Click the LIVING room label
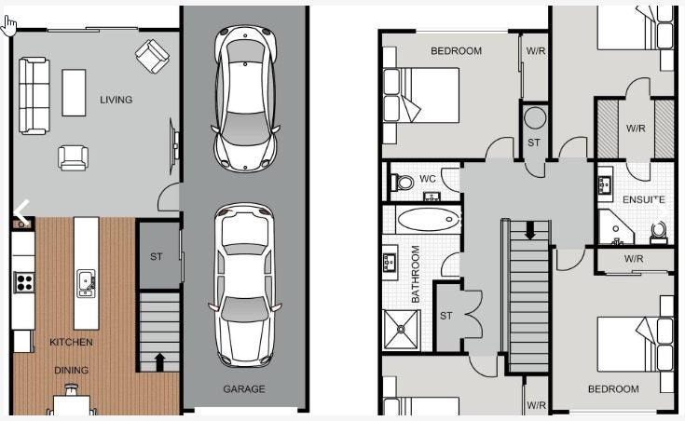[x=116, y=100]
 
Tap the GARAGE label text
[x=244, y=388]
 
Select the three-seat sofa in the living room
[x=34, y=96]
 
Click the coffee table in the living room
[x=74, y=92]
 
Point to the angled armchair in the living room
[x=152, y=56]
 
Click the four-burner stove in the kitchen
[x=24, y=282]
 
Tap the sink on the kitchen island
[x=86, y=283]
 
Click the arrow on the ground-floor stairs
[x=160, y=362]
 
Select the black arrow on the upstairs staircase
[x=530, y=230]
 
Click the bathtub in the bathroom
[x=429, y=219]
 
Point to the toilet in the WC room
[x=402, y=182]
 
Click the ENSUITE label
[x=643, y=199]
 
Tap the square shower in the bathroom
[x=401, y=330]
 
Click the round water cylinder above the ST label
[x=535, y=118]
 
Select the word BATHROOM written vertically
[x=416, y=274]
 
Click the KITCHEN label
[x=71, y=342]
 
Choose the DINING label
[x=71, y=371]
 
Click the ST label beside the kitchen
[x=156, y=257]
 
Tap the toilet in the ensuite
[x=658, y=232]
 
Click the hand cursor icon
[x=8, y=26]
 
